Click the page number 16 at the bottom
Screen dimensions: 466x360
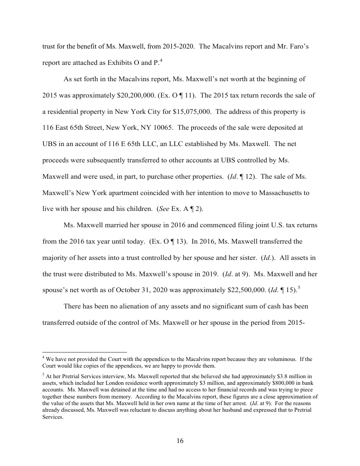pos(180,441)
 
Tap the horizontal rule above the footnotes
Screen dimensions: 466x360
pos(84,352)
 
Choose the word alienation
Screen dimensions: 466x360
pos(135,305)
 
